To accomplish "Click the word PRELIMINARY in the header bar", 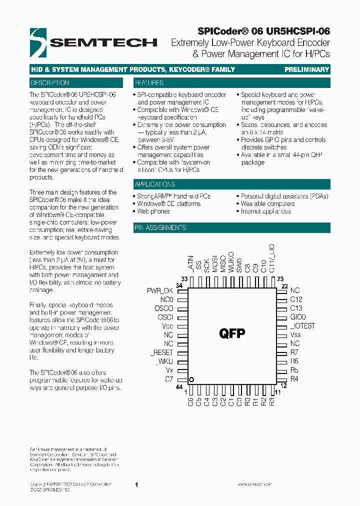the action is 306,70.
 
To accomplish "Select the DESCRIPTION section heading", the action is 49,83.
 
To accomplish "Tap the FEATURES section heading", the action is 148,83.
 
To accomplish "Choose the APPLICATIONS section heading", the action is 154,184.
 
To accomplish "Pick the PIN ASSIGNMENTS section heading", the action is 160,227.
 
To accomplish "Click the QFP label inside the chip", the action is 232,333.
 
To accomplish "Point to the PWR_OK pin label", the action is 160,290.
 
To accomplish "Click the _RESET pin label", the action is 161,352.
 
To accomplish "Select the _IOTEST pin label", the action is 303,326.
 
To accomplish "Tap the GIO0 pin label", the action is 298,317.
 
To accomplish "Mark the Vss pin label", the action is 295,335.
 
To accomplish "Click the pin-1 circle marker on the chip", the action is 191,379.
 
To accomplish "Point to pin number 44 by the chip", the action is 178,387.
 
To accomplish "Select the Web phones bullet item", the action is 153,211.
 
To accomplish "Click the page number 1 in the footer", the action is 136,484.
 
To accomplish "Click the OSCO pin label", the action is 163,308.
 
